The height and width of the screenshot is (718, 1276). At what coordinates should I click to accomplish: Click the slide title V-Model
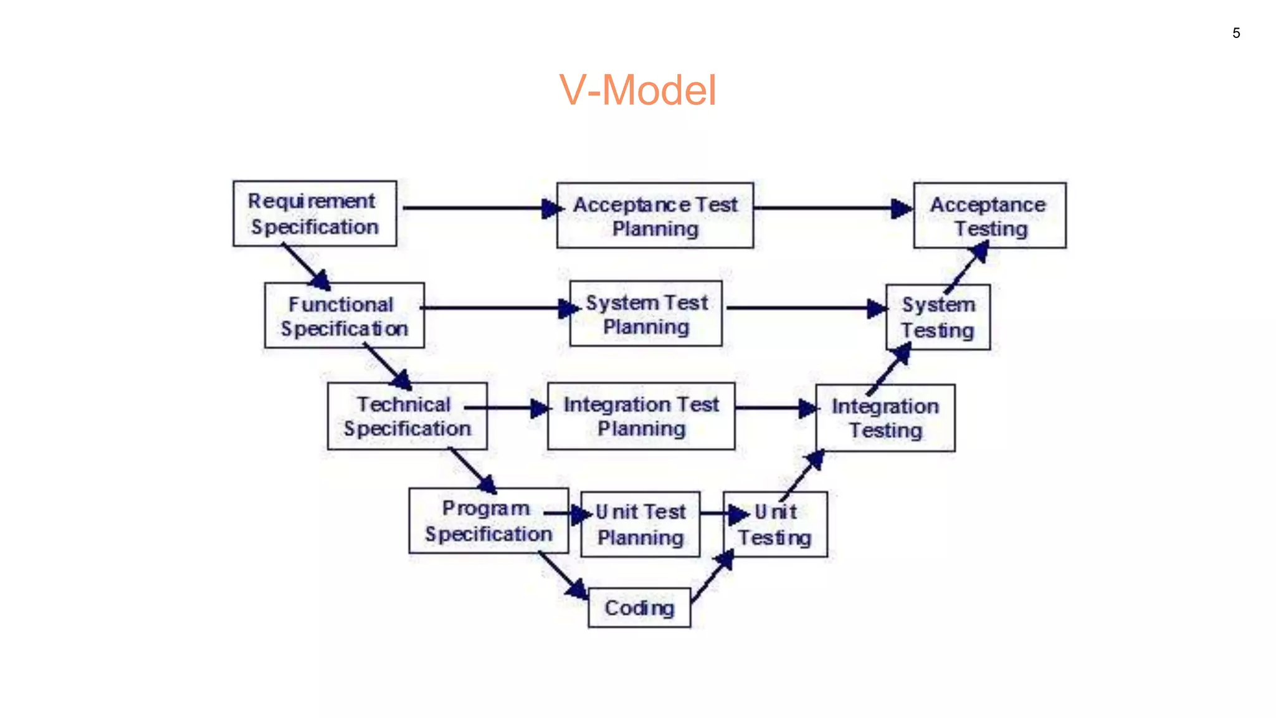(x=637, y=90)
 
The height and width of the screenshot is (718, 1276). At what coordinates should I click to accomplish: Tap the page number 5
(x=1236, y=33)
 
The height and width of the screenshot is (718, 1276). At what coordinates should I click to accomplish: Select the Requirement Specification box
(x=315, y=214)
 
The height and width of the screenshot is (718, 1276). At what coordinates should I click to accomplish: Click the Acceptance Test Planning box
(x=655, y=216)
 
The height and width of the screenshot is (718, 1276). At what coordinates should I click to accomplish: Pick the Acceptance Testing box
(x=989, y=216)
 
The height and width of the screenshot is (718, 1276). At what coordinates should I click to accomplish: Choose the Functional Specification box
(x=345, y=316)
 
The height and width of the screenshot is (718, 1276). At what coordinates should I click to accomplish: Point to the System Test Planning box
(x=646, y=314)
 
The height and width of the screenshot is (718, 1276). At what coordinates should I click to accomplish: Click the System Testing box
(x=938, y=317)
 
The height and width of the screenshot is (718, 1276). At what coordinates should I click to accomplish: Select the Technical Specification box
(x=407, y=416)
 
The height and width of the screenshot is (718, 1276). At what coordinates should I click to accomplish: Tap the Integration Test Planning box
(x=641, y=416)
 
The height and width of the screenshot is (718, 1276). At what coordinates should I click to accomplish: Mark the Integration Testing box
(x=885, y=418)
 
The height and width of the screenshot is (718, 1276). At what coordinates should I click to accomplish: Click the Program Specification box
(x=488, y=521)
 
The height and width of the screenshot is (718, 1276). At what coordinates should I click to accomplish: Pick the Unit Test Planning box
(x=640, y=524)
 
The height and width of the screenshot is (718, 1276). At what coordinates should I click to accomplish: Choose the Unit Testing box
(x=775, y=525)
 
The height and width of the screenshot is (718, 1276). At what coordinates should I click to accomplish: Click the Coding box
(x=639, y=608)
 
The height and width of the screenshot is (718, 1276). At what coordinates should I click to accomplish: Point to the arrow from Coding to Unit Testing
(x=711, y=577)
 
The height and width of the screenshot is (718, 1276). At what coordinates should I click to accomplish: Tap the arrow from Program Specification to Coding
(x=562, y=575)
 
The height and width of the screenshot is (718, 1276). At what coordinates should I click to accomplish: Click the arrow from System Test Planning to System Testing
(x=804, y=308)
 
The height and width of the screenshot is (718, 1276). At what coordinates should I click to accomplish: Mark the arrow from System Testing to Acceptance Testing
(x=966, y=269)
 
